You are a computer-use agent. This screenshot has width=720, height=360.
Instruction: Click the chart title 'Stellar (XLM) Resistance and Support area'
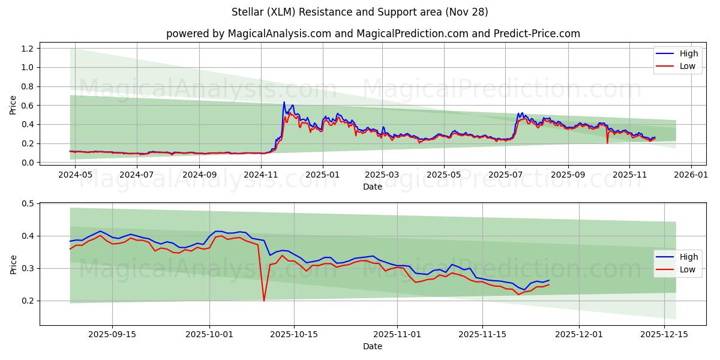(x=359, y=12)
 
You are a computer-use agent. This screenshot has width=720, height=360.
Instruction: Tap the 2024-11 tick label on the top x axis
(x=261, y=174)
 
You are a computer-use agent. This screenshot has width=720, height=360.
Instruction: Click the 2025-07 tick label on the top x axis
(x=505, y=174)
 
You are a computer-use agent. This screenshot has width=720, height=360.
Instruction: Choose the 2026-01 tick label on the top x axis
(x=691, y=174)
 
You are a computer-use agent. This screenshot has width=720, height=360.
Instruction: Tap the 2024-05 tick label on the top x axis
(x=75, y=174)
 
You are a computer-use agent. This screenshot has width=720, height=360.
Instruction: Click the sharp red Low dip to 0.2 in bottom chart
(x=264, y=300)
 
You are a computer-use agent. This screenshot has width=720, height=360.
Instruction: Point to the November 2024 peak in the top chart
(x=284, y=103)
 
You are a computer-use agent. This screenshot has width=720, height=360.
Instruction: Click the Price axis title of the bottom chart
(x=13, y=264)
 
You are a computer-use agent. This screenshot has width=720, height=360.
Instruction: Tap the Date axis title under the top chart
(x=373, y=187)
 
